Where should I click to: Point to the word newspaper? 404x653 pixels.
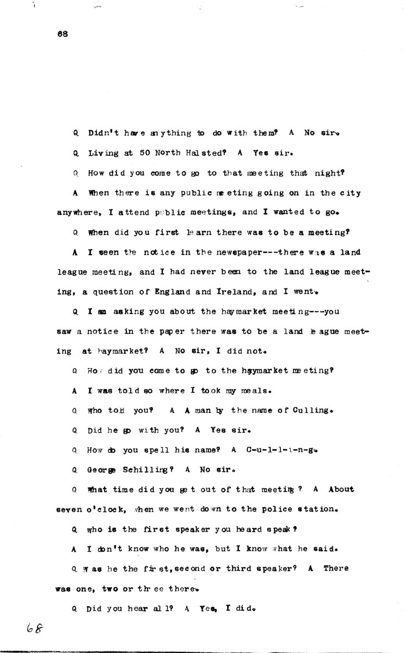[x=219, y=252]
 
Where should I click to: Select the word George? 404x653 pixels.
[x=102, y=469]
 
